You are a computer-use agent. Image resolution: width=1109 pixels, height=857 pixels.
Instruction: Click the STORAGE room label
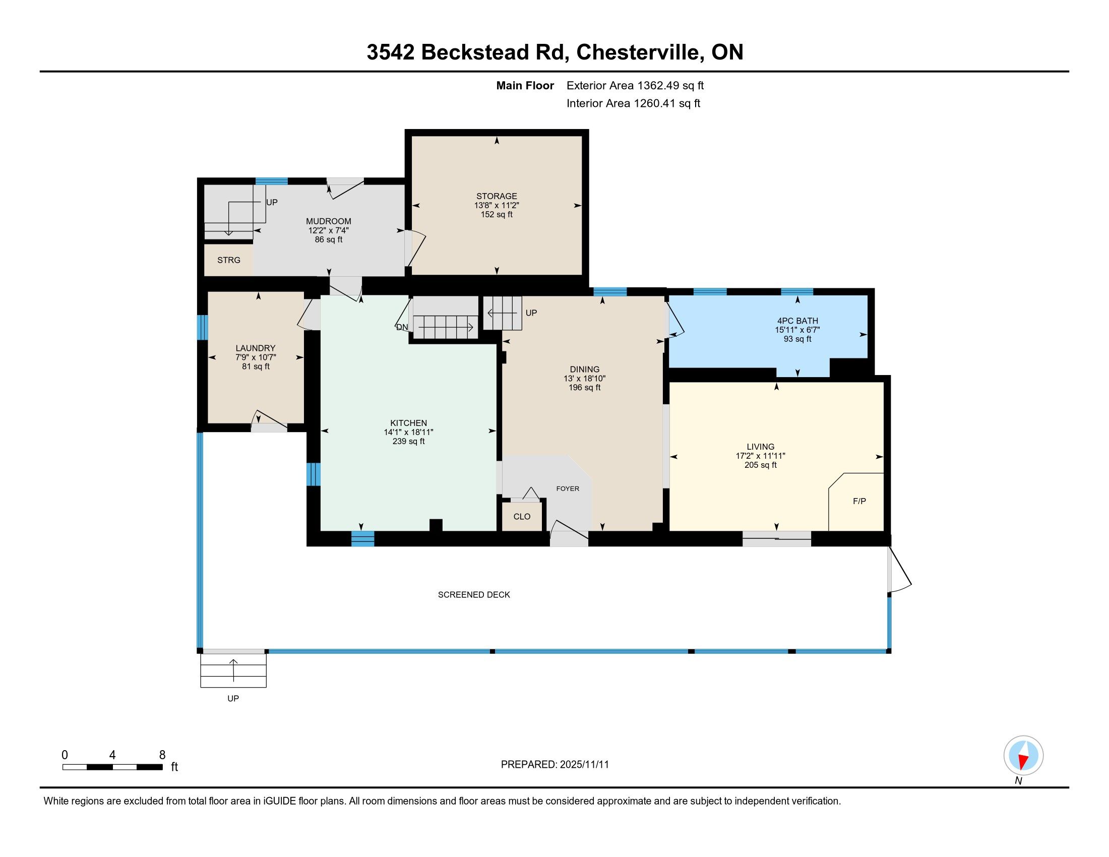pyautogui.click(x=497, y=196)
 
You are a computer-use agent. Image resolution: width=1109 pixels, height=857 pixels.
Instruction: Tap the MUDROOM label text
pyautogui.click(x=329, y=221)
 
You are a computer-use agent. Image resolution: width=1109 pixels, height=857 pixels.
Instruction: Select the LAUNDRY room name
pyautogui.click(x=256, y=348)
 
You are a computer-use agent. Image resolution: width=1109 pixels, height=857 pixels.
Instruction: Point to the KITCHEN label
pyautogui.click(x=408, y=423)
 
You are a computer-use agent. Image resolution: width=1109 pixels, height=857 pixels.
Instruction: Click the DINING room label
pyautogui.click(x=584, y=370)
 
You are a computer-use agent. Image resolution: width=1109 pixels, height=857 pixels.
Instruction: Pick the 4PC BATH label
pyautogui.click(x=798, y=321)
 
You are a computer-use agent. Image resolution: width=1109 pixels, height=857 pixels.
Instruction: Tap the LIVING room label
pyautogui.click(x=761, y=447)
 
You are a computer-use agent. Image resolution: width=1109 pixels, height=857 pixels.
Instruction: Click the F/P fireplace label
pyautogui.click(x=859, y=502)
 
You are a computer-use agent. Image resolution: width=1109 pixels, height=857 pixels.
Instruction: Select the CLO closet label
pyautogui.click(x=522, y=517)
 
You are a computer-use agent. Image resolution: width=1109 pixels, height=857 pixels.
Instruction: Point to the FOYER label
pyautogui.click(x=568, y=489)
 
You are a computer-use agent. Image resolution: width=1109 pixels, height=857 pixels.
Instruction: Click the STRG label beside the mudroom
pyautogui.click(x=228, y=261)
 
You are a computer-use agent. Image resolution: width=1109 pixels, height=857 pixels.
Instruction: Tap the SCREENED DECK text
pyautogui.click(x=474, y=595)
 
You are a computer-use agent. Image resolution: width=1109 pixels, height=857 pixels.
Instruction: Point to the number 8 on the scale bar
pyautogui.click(x=162, y=755)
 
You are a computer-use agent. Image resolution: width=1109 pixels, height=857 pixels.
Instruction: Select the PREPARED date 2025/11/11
pyautogui.click(x=584, y=765)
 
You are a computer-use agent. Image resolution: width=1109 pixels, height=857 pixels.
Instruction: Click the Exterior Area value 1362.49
pyautogui.click(x=658, y=86)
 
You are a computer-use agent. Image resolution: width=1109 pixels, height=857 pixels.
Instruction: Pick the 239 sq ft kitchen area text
pyautogui.click(x=408, y=442)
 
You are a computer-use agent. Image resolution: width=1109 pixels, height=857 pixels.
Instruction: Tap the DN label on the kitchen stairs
pyautogui.click(x=402, y=328)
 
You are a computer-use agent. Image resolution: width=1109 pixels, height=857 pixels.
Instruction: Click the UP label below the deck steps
pyautogui.click(x=233, y=699)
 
